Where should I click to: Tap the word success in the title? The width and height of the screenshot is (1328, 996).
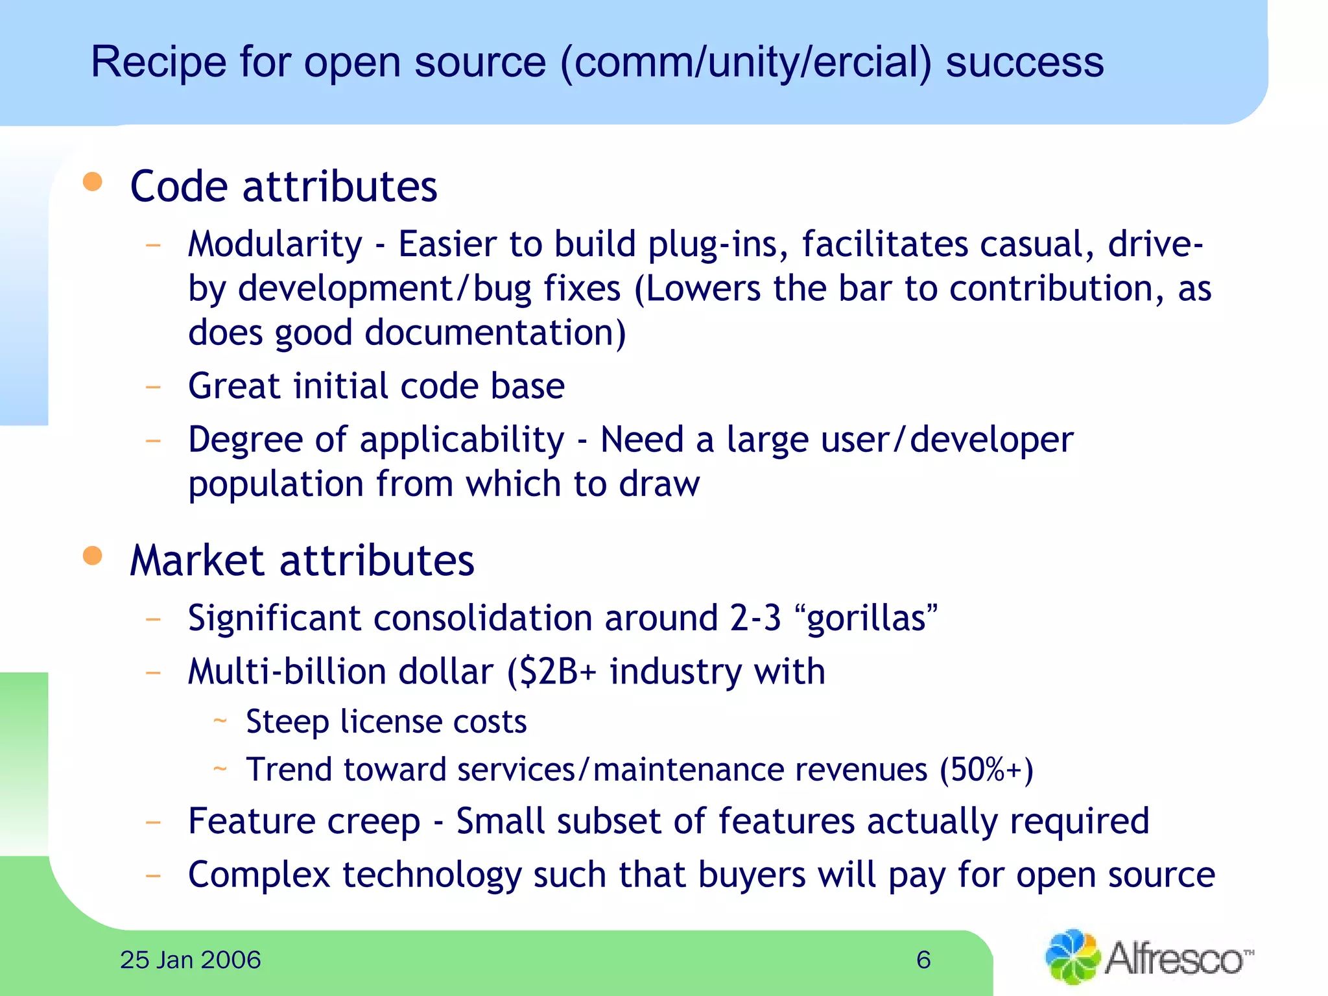[1025, 63]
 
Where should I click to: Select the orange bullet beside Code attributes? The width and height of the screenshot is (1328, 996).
[93, 182]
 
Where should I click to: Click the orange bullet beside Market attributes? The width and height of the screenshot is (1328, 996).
[93, 556]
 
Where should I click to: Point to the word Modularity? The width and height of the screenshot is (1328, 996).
[275, 245]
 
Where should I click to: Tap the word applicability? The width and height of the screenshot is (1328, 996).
[462, 441]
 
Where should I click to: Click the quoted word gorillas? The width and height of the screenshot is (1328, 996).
[866, 618]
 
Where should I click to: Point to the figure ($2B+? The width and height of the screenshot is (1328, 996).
[551, 672]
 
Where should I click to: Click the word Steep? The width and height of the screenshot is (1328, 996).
[287, 722]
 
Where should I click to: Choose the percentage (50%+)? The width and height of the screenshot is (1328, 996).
[986, 770]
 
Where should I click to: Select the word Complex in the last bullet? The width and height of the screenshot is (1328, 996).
[259, 875]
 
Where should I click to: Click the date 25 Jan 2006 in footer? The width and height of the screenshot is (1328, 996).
[190, 960]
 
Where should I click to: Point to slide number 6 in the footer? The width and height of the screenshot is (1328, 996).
[923, 960]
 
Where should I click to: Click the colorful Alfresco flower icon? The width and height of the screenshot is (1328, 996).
[1072, 957]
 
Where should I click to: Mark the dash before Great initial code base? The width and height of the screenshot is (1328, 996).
[153, 388]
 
